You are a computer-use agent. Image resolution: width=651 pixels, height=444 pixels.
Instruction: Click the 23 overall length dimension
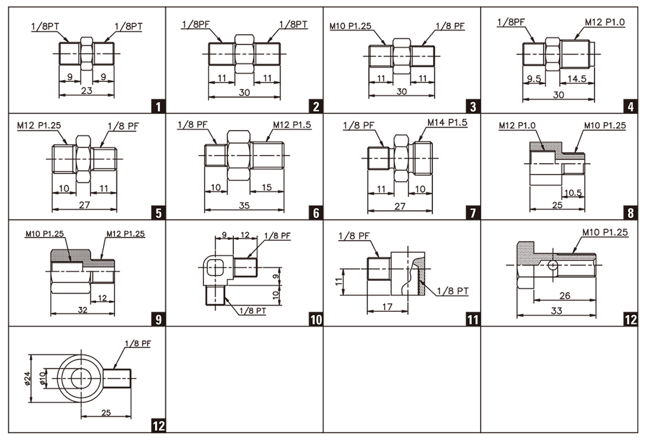[x=86, y=90]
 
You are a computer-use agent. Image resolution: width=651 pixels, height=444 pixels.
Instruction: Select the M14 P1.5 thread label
[x=447, y=123]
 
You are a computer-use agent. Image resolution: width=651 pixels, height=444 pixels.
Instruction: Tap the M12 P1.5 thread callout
[x=292, y=124]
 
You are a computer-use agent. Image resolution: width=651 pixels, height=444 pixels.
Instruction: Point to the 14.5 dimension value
[x=577, y=78]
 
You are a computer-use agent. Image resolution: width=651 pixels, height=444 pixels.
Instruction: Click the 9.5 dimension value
[x=534, y=78]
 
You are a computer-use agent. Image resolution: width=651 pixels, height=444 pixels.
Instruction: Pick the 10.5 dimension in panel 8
[x=573, y=192]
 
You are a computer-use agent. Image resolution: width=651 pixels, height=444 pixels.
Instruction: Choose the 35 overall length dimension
[x=244, y=205]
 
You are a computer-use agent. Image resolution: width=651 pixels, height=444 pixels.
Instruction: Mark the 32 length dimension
[x=83, y=309]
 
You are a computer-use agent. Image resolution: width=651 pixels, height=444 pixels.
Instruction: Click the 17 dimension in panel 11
[x=387, y=307]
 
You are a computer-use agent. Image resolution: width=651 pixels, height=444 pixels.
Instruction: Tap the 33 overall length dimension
[x=556, y=311]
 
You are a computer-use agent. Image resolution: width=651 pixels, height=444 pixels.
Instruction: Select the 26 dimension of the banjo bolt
[x=565, y=295]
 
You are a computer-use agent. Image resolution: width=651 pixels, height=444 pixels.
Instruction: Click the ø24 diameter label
[x=27, y=378]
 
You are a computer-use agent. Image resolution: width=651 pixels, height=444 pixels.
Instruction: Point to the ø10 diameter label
[x=42, y=378]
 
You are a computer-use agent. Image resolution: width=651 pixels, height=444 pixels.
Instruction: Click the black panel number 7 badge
[x=473, y=213]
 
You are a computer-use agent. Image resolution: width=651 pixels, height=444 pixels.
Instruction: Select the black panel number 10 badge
[x=315, y=319]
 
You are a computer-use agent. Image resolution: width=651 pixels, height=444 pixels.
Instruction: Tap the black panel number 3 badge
[x=473, y=107]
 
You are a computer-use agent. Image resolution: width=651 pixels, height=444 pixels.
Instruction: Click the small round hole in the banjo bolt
[x=552, y=265]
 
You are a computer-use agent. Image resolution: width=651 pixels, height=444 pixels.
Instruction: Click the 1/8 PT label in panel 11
[x=453, y=291]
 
